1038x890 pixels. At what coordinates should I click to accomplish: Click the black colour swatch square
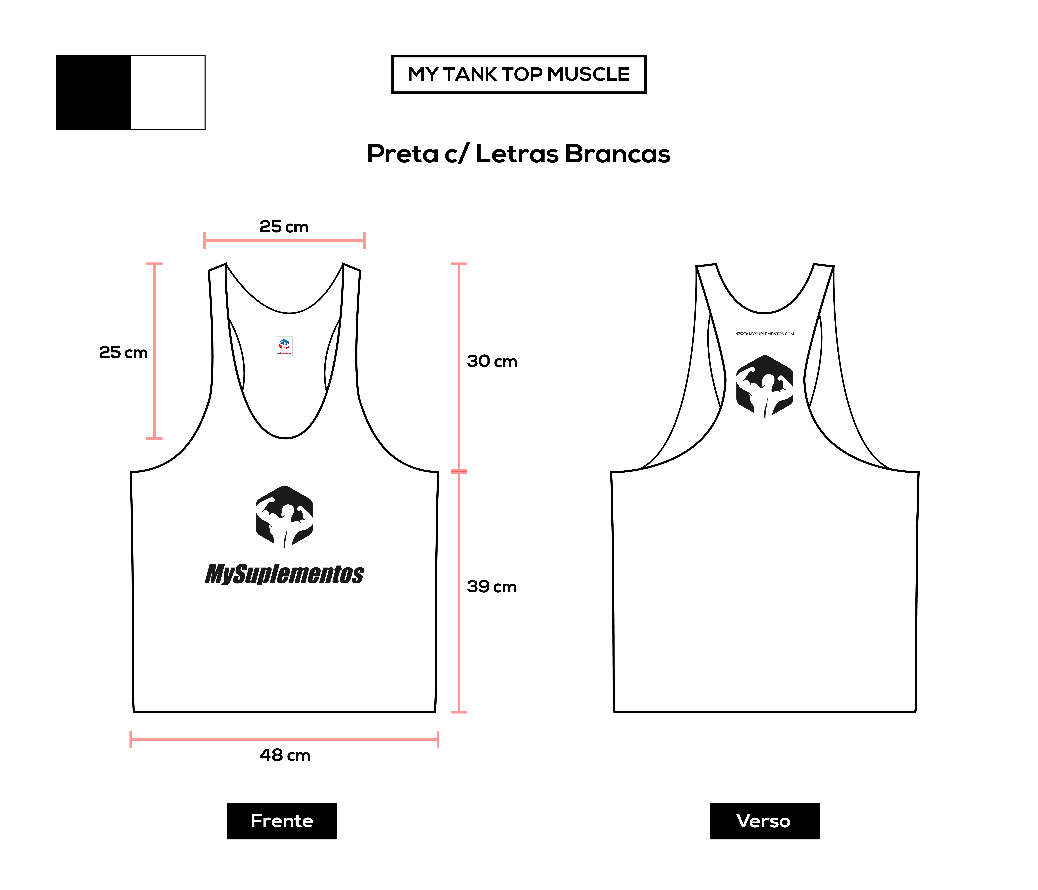[94, 93]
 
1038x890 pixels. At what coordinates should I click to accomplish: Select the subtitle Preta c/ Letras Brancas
[519, 154]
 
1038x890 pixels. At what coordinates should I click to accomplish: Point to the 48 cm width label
[285, 755]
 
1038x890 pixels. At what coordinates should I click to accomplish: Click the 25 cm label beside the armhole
[123, 352]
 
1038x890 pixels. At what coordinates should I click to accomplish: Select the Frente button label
[282, 821]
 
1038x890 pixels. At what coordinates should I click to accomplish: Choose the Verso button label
[764, 821]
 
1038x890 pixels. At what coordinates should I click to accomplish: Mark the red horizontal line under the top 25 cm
[284, 240]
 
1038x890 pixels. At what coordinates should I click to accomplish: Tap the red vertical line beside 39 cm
[459, 591]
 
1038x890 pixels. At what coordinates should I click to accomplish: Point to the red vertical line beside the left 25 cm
[154, 350]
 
